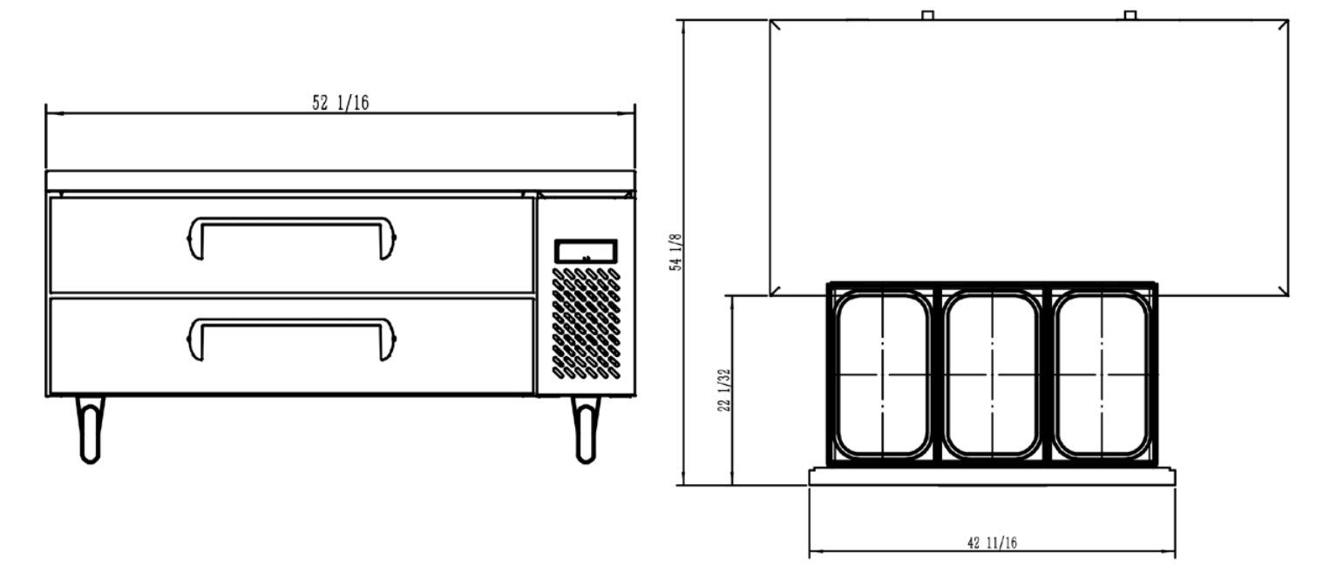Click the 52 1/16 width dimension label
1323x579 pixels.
340,103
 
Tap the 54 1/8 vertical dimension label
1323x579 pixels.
675,252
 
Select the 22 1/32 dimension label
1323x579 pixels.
724,390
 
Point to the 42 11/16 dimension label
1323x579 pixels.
992,542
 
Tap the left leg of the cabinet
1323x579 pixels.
90,429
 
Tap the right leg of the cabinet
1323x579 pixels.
586,429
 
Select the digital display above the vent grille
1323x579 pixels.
586,252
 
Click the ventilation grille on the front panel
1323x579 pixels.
586,323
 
